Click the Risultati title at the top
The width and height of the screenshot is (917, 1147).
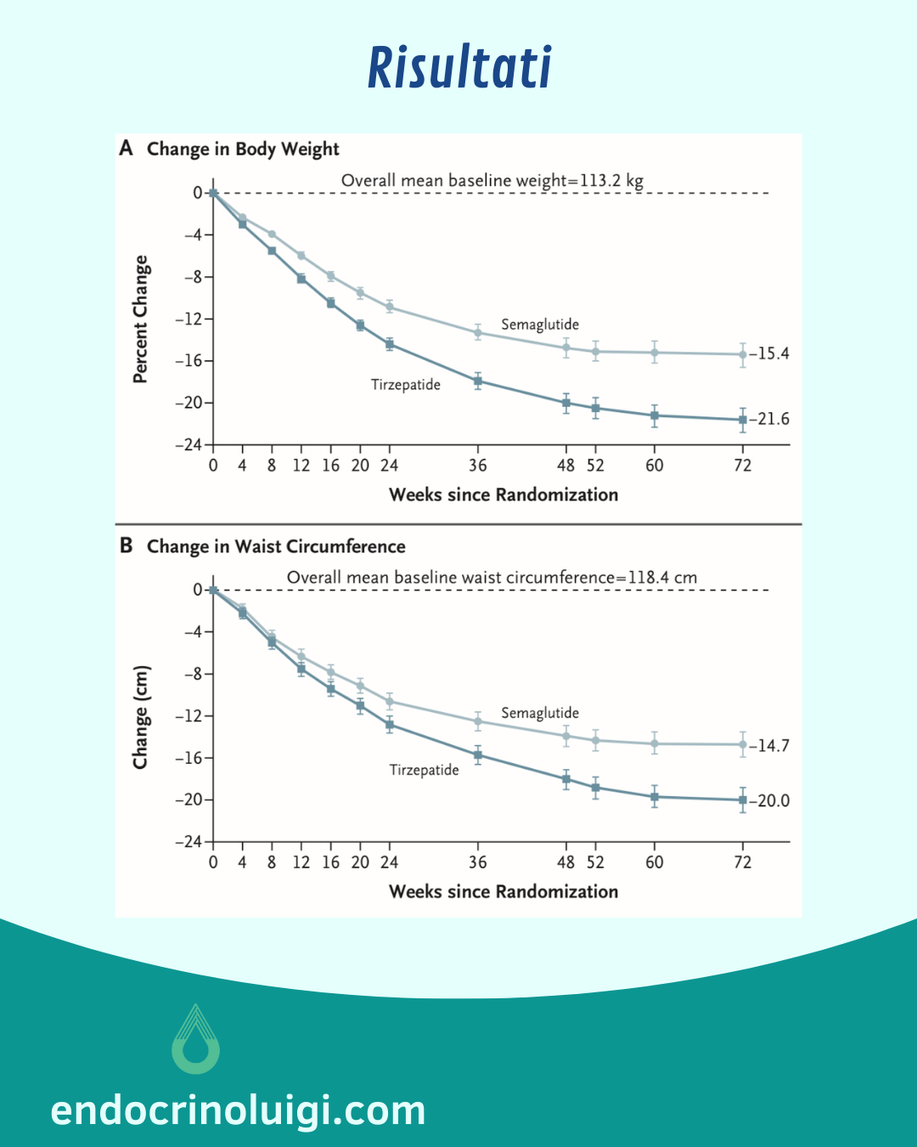[x=459, y=68]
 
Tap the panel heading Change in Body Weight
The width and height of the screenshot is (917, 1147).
[x=243, y=150]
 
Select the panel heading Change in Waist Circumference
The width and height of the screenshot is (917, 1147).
[x=276, y=546]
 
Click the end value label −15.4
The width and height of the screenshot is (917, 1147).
[x=769, y=353]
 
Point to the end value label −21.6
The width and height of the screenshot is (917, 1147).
[x=769, y=419]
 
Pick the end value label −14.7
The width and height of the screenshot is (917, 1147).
[x=769, y=746]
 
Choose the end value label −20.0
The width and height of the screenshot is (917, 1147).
[x=769, y=800]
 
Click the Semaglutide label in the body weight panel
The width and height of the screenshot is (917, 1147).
[x=540, y=325]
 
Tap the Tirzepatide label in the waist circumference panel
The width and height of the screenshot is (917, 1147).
[x=424, y=770]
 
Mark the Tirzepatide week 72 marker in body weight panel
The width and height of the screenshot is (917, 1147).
[x=743, y=420]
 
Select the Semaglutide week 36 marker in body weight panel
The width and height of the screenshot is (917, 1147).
[x=478, y=333]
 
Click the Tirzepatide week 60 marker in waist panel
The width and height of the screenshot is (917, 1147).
[x=655, y=797]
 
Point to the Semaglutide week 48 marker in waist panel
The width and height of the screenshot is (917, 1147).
[x=566, y=736]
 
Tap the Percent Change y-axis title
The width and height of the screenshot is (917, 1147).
[x=141, y=319]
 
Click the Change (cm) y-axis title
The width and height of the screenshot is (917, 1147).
[x=141, y=717]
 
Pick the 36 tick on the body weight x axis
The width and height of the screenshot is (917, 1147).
[x=478, y=466]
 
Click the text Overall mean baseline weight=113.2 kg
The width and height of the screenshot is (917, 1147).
[x=492, y=180]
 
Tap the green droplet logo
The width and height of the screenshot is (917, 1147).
[x=196, y=1040]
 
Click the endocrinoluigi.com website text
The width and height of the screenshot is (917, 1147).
[x=238, y=1110]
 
